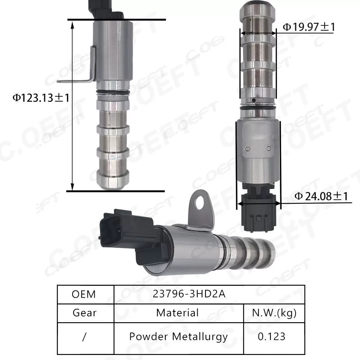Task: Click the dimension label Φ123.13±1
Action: (x=40, y=97)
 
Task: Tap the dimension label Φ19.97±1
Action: (x=309, y=27)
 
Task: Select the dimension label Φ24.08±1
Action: (x=321, y=196)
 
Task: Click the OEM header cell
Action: (x=84, y=294)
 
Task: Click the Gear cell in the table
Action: (x=84, y=312)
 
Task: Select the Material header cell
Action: (x=177, y=312)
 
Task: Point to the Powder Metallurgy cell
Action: (x=178, y=337)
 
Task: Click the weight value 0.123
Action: (x=272, y=337)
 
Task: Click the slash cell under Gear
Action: (x=84, y=337)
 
